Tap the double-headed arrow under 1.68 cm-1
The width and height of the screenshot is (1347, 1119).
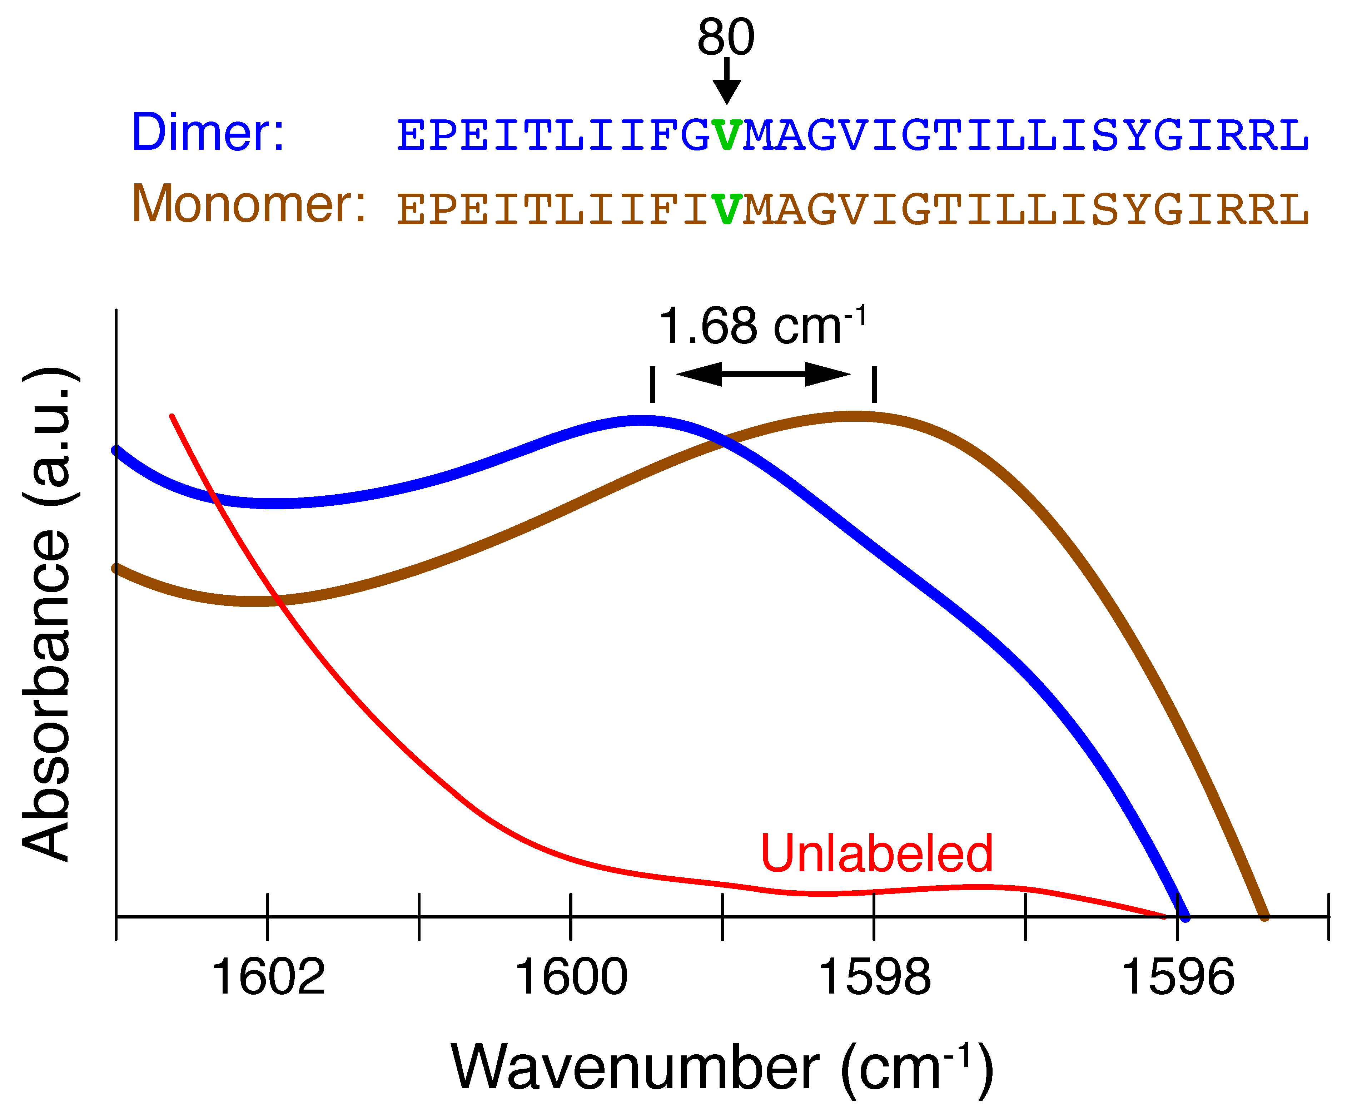coord(763,374)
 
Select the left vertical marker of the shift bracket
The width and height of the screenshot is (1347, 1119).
coord(652,384)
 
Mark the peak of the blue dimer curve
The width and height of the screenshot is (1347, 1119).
coord(641,421)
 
